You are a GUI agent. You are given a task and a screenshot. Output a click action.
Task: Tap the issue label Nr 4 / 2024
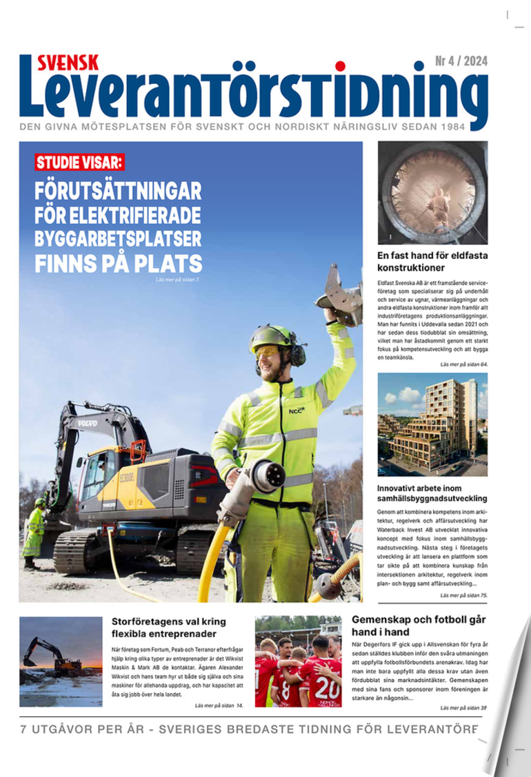coord(461,63)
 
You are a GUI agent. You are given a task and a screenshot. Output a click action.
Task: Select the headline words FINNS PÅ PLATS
coord(118,263)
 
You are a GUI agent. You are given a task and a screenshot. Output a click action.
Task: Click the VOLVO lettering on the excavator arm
coord(87,422)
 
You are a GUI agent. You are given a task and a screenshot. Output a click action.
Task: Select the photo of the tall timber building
coord(432,424)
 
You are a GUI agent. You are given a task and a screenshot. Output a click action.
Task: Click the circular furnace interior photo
coord(432,192)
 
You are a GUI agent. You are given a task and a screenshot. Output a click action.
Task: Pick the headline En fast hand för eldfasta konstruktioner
coord(432,261)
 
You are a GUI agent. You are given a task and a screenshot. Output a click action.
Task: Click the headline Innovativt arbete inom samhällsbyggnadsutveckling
coord(432,493)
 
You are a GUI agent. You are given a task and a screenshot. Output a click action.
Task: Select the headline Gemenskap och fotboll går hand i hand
coord(419,625)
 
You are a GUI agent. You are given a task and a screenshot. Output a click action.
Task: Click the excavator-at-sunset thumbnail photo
coord(61,661)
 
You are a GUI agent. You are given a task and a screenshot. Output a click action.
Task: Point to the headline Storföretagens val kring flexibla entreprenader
coord(164,627)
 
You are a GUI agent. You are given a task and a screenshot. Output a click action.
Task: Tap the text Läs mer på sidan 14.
coord(219,706)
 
